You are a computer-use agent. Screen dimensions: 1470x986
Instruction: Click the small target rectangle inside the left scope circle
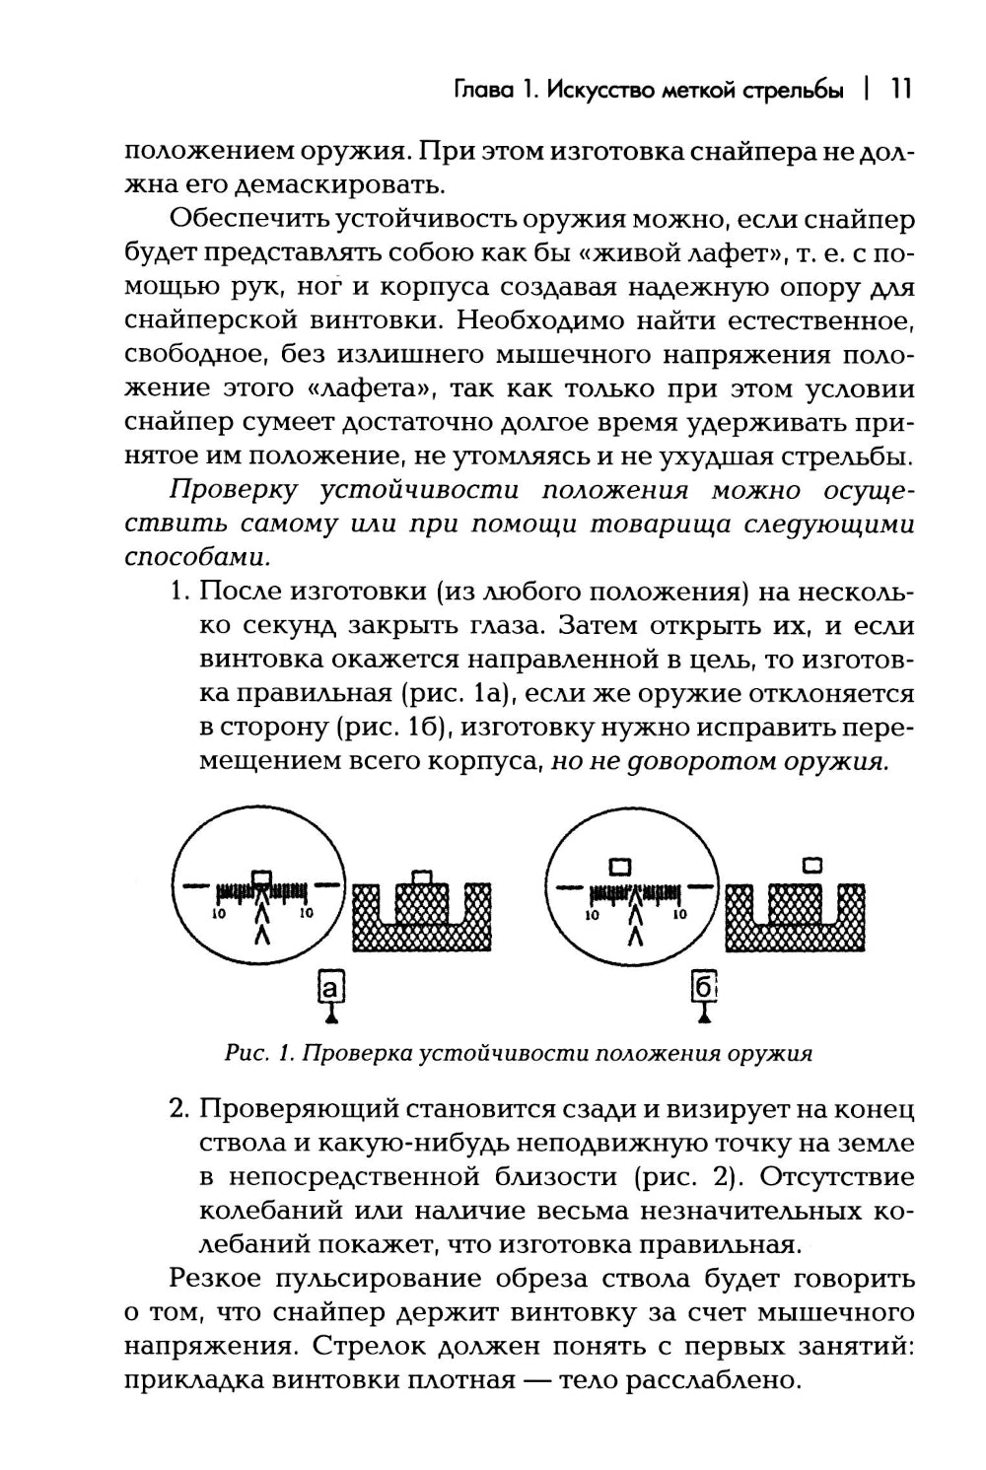[260, 875]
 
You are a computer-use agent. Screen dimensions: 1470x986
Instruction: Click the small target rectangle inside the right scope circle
[619, 867]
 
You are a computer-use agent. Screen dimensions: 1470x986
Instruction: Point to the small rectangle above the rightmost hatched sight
[813, 865]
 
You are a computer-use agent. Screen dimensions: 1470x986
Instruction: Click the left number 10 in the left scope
[220, 915]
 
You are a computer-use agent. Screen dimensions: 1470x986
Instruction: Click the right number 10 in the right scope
[677, 915]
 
